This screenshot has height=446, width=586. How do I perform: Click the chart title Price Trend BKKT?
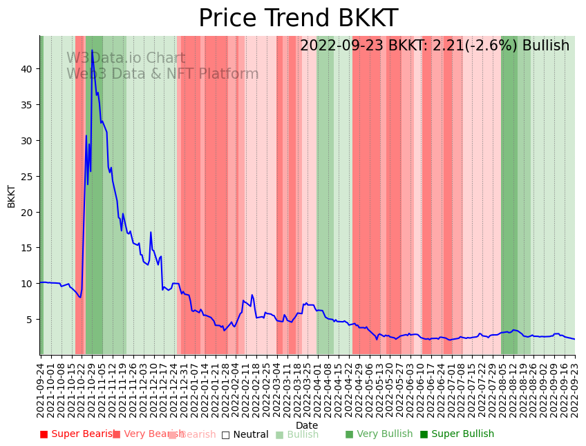[x=298, y=19]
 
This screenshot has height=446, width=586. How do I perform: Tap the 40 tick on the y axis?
[x=28, y=69]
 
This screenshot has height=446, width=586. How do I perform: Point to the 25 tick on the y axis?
[x=28, y=176]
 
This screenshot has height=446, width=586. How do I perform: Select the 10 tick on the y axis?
[x=28, y=284]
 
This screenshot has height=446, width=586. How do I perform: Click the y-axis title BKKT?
[x=12, y=196]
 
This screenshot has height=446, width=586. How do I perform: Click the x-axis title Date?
[x=307, y=425]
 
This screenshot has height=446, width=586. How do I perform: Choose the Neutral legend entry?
[x=245, y=434]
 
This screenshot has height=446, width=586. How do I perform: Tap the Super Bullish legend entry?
[x=457, y=434]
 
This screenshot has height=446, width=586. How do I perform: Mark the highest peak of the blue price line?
[x=92, y=50]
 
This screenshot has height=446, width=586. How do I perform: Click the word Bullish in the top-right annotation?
[x=545, y=46]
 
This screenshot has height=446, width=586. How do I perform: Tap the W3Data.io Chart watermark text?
[x=126, y=59]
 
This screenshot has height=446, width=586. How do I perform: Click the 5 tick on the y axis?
[x=30, y=320]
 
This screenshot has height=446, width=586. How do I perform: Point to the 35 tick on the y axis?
[x=28, y=105]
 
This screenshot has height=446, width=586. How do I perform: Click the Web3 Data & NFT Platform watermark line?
[x=162, y=74]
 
